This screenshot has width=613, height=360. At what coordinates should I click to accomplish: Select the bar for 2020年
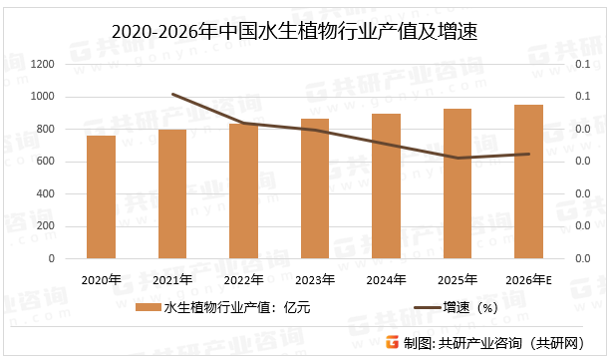101,197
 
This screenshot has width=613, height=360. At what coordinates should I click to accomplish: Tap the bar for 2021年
172,194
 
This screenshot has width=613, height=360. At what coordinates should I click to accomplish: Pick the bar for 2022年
243,191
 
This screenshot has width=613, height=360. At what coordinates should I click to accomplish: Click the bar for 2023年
315,188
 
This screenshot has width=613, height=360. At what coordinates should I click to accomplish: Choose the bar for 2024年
386,186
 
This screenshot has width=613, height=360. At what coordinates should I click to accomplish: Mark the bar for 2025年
458,183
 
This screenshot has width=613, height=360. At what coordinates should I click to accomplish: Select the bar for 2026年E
528,181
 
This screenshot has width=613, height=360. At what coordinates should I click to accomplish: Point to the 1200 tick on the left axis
43,65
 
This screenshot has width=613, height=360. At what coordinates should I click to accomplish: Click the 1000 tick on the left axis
43,97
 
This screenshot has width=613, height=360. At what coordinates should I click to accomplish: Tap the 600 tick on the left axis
46,162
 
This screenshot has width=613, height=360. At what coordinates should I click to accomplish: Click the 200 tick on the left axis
46,226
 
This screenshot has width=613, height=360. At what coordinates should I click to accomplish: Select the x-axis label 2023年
315,279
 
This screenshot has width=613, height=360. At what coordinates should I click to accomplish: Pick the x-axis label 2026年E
529,279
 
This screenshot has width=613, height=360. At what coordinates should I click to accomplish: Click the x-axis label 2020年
101,279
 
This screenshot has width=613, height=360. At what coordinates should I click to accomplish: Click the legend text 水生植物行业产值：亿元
236,308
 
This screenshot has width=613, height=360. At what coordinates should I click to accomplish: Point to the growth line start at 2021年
172,95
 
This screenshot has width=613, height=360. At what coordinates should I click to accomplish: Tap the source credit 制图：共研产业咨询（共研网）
502,342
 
